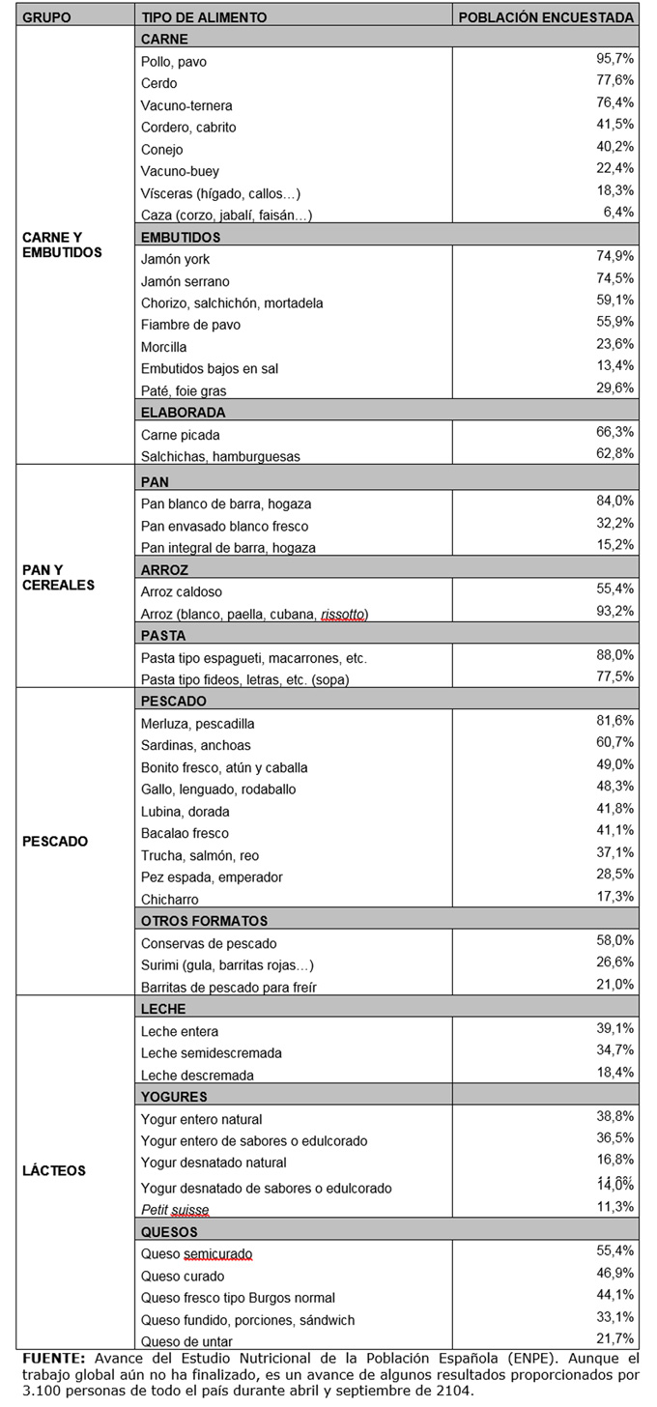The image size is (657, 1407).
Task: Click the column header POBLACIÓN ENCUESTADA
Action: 546,17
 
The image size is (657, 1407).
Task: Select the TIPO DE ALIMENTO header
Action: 204,17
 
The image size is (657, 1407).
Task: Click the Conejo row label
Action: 161,149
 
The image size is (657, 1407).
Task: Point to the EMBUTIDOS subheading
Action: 181,237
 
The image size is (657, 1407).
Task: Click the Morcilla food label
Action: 164,347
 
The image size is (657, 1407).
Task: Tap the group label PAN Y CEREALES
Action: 58,577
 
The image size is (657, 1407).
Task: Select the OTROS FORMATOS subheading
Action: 204,921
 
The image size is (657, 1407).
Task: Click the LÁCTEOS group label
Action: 54,1170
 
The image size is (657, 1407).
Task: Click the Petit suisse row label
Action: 175,1209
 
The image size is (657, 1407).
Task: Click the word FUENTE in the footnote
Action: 48,1356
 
